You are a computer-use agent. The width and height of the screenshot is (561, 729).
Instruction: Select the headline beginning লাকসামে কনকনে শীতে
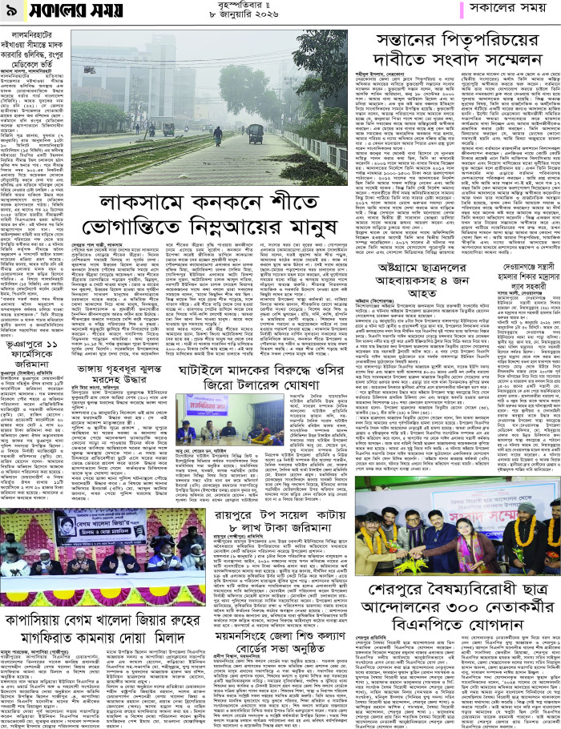246,202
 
